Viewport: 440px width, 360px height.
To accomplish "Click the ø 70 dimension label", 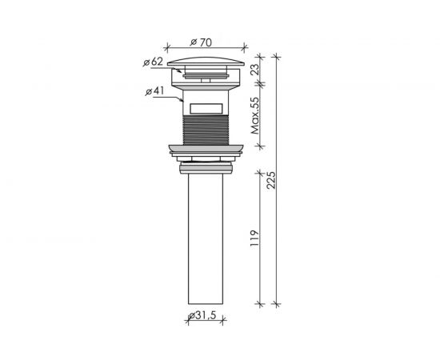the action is pyautogui.click(x=201, y=42).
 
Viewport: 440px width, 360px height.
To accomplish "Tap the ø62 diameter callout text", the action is pyautogui.click(x=153, y=62).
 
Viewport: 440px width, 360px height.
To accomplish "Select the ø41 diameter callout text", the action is pyautogui.click(x=154, y=91).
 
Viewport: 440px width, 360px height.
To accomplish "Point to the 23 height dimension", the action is pyautogui.click(x=255, y=70).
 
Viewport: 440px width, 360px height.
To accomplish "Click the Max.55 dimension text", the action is pyautogui.click(x=255, y=116).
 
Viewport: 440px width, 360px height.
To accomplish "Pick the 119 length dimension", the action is pyautogui.click(x=254, y=238).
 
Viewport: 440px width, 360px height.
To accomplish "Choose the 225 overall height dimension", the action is pyautogui.click(x=271, y=180).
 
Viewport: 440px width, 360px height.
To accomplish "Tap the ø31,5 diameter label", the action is pyautogui.click(x=202, y=315).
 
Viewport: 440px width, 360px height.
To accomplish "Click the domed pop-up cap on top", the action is pyautogui.click(x=206, y=62).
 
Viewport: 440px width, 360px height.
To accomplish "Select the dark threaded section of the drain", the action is pyautogui.click(x=206, y=130).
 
